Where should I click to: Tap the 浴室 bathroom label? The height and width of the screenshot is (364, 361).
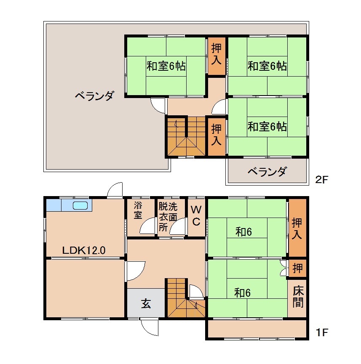[138, 210]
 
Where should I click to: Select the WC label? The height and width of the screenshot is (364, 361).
[196, 215]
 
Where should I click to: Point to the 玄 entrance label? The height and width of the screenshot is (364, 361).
[146, 303]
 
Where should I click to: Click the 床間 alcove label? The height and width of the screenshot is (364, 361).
[298, 296]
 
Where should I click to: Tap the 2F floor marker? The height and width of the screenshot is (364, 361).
[322, 180]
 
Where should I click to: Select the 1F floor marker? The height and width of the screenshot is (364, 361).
[322, 333]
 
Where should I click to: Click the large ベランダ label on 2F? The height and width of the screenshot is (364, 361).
[94, 96]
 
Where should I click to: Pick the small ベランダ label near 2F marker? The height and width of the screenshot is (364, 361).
[267, 172]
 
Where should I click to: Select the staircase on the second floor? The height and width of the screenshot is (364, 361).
[186, 137]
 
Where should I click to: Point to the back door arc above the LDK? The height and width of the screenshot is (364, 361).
[115, 190]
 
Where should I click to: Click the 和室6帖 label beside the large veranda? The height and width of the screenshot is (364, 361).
[166, 66]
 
